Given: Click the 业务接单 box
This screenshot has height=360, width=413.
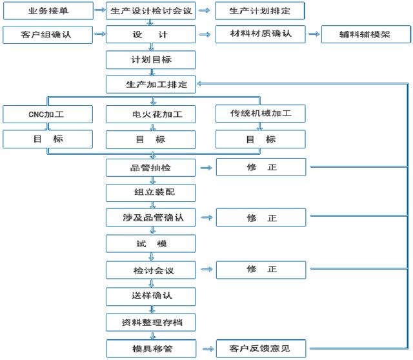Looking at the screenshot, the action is pyautogui.click(x=48, y=11).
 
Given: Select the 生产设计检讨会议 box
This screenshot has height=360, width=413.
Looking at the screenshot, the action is pyautogui.click(x=151, y=11).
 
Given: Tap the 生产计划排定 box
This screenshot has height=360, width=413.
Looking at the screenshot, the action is pyautogui.click(x=260, y=11).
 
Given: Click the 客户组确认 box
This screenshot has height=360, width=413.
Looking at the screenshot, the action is pyautogui.click(x=48, y=34).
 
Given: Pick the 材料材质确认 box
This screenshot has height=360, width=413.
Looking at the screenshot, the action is pyautogui.click(x=261, y=34).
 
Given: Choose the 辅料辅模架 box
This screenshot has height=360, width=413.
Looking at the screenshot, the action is pyautogui.click(x=366, y=34).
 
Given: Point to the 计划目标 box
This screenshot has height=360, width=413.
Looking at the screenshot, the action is pyautogui.click(x=151, y=60).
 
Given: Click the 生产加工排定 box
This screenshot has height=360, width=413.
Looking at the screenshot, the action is pyautogui.click(x=151, y=85).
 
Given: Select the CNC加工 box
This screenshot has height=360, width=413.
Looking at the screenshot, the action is pyautogui.click(x=48, y=114).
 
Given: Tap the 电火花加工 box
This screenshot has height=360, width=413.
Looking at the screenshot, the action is pyautogui.click(x=151, y=114).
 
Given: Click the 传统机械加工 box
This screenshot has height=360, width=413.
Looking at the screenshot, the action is pyautogui.click(x=261, y=114).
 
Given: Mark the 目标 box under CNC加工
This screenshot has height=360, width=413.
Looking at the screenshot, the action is pyautogui.click(x=48, y=139).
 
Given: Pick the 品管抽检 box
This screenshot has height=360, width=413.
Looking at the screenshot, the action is pyautogui.click(x=151, y=168).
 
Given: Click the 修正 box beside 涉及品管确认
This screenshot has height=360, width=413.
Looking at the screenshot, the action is pyautogui.click(x=261, y=217).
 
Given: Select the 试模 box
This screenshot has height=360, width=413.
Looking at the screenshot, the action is pyautogui.click(x=151, y=244).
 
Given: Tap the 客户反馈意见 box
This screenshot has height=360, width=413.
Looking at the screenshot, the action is pyautogui.click(x=261, y=348).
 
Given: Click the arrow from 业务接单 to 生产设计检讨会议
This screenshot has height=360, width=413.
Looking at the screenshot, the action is pyautogui.click(x=100, y=10).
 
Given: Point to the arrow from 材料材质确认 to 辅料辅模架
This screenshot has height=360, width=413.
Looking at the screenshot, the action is pyautogui.click(x=314, y=34).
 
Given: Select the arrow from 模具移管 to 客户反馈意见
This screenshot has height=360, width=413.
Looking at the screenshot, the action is pyautogui.click(x=208, y=349).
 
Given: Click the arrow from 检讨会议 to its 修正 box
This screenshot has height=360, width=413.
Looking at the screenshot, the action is pyautogui.click(x=206, y=269).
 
